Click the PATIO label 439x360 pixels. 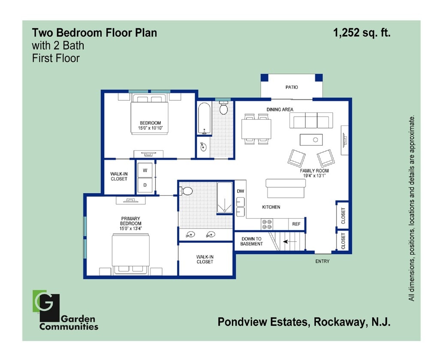292,87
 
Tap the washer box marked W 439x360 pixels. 145,170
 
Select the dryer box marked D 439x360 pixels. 145,185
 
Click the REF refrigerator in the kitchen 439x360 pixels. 296,224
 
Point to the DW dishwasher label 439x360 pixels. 240,191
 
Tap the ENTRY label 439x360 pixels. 322,261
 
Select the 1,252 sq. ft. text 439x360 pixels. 362,33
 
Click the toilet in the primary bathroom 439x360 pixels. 186,191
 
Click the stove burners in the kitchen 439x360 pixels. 267,224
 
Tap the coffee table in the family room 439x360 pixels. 311,140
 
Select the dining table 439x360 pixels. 256,129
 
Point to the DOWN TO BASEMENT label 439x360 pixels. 251,241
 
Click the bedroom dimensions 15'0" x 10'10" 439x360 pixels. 150,128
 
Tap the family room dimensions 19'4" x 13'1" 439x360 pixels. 314,176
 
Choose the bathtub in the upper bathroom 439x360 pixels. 204,118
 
